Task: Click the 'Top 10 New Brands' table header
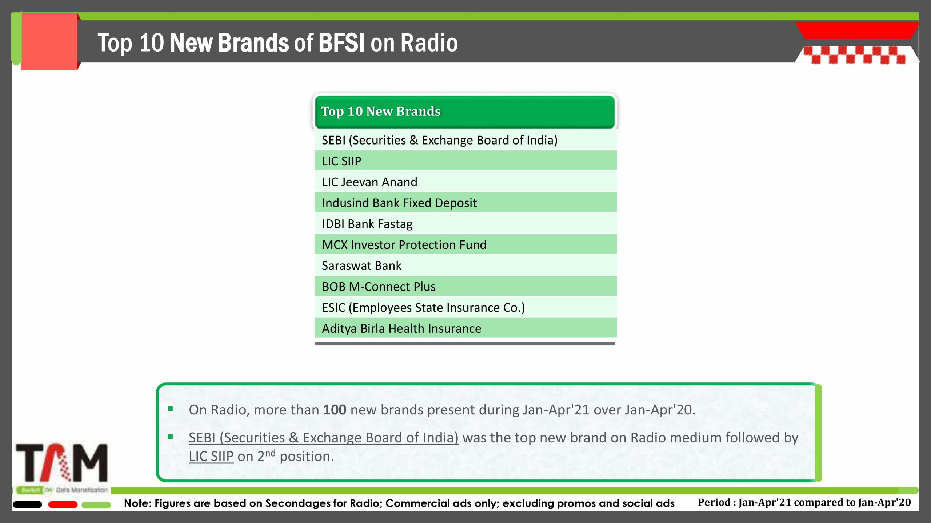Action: pyautogui.click(x=465, y=112)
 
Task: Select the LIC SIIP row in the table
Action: pyautogui.click(x=465, y=161)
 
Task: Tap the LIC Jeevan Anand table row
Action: pyautogui.click(x=465, y=182)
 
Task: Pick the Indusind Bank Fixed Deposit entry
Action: pyautogui.click(x=465, y=203)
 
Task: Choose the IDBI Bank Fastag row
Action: pyautogui.click(x=465, y=224)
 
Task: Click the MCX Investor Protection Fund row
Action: pyautogui.click(x=465, y=244)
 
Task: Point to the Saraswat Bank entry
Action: pyautogui.click(x=465, y=265)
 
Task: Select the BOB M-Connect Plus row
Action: pyautogui.click(x=465, y=286)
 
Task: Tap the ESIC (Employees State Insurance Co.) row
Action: pyautogui.click(x=465, y=307)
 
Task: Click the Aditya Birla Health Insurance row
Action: pyautogui.click(x=465, y=328)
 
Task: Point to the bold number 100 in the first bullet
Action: pyautogui.click(x=335, y=410)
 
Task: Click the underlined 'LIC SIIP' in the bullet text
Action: pyautogui.click(x=211, y=456)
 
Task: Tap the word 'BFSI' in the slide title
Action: pyautogui.click(x=341, y=43)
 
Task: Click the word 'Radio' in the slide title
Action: pyautogui.click(x=429, y=43)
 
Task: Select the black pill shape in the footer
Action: pyautogui.click(x=28, y=504)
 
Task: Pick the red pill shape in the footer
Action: pyautogui.click(x=63, y=504)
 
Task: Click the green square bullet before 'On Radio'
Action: pyautogui.click(x=170, y=409)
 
